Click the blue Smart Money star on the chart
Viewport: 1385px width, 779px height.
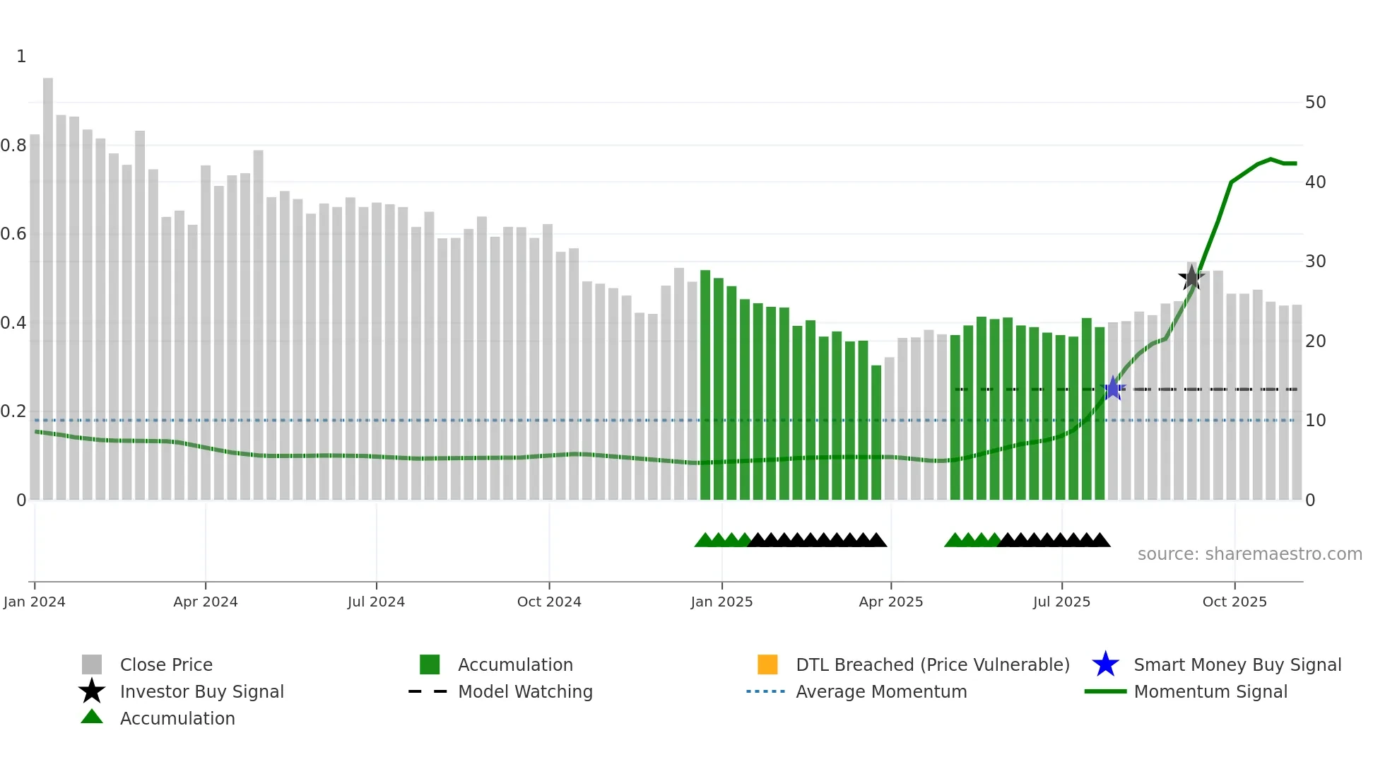click(x=1113, y=388)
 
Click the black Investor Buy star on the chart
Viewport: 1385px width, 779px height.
click(x=1191, y=278)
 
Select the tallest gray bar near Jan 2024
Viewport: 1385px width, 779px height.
click(x=48, y=283)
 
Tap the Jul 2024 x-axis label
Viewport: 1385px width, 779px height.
click(x=376, y=602)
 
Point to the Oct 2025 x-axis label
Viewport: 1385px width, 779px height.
click(x=1234, y=602)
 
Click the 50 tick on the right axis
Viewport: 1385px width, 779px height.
click(x=1315, y=102)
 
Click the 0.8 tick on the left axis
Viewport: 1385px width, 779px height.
click(x=13, y=146)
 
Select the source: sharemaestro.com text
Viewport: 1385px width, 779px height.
click(x=1249, y=554)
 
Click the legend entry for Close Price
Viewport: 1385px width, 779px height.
click(x=166, y=664)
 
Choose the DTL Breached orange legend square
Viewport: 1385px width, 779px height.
click(x=767, y=664)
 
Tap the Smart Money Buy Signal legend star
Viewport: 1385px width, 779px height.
click(x=1105, y=664)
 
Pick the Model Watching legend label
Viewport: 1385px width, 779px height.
click(x=525, y=691)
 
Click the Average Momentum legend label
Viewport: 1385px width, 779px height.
click(x=881, y=691)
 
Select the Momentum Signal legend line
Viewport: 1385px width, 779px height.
click(x=1105, y=691)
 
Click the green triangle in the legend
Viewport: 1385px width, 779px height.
click(x=92, y=717)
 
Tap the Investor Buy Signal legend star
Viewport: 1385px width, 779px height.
click(x=92, y=691)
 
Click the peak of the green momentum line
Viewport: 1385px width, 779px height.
click(x=1271, y=159)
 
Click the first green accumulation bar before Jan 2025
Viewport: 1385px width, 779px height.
click(x=705, y=385)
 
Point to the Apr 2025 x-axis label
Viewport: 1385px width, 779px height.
click(x=890, y=602)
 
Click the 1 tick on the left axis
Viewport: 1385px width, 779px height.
click(x=21, y=57)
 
